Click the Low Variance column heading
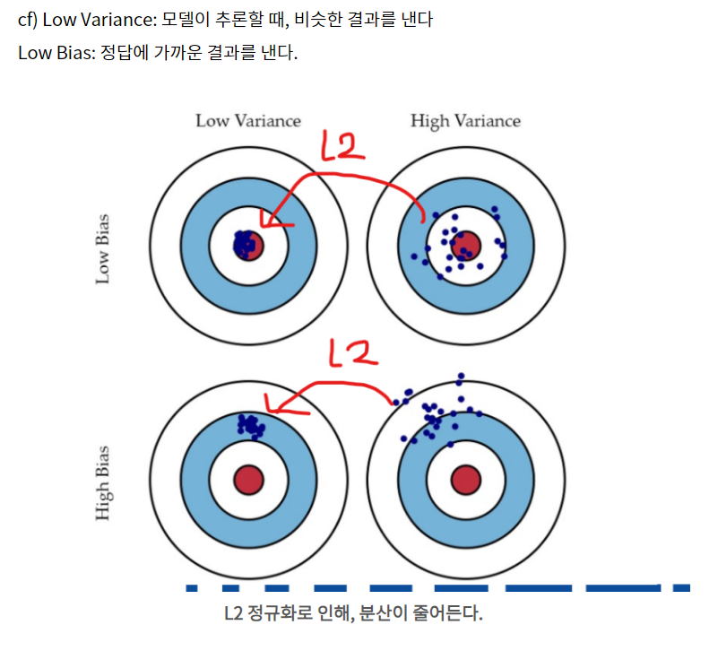tap(248, 121)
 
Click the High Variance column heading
tap(465, 121)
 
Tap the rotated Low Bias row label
tap(103, 248)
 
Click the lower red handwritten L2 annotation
tap(352, 354)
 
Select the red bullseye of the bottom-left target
tap(248, 480)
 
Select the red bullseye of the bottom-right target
tap(465, 480)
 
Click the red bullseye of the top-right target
tap(465, 244)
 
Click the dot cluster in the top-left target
tap(243, 242)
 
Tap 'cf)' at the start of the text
tap(28, 19)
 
